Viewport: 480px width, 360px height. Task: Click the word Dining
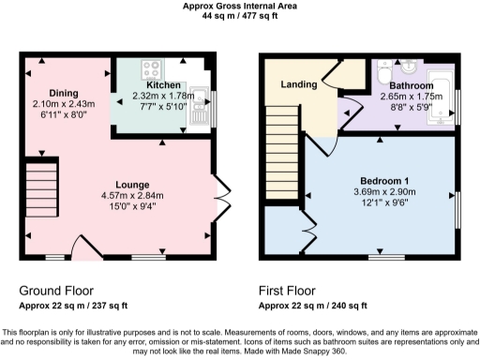64,93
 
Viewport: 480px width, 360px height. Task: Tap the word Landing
298,85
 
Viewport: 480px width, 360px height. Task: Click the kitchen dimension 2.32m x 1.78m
162,96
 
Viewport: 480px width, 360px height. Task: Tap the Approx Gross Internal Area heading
241,6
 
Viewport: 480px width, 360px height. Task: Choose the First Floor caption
297,292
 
